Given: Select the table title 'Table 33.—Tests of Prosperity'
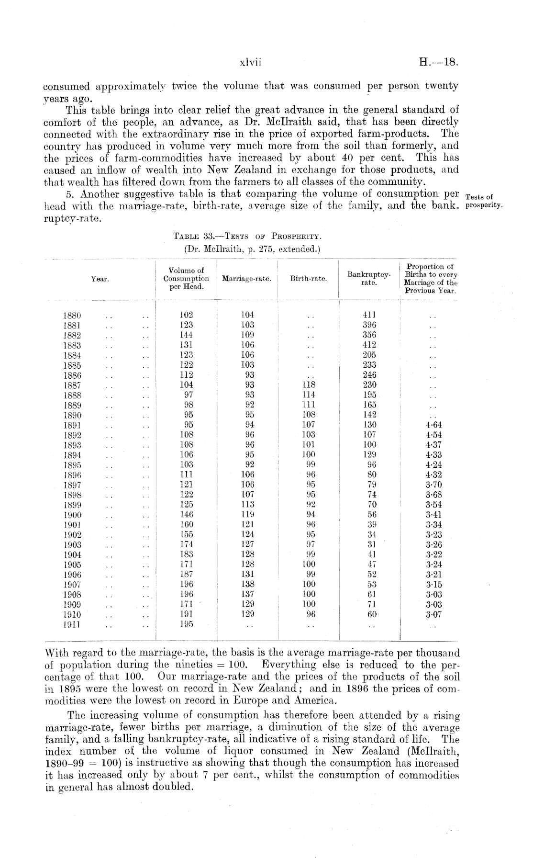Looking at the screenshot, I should pyautogui.click(x=249, y=237).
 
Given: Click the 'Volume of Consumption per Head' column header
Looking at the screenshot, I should pyautogui.click(x=186, y=279).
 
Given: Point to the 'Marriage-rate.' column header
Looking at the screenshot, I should pyautogui.click(x=247, y=279).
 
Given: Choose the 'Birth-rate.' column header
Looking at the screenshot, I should pyautogui.click(x=309, y=279).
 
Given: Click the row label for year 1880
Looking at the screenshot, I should pyautogui.click(x=72, y=316).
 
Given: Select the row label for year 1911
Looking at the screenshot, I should pyautogui.click(x=72, y=624).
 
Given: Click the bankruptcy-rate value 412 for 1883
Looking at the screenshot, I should pyautogui.click(x=370, y=345).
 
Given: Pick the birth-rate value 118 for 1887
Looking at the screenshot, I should pyautogui.click(x=309, y=384).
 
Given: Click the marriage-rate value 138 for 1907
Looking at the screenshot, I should pyautogui.click(x=247, y=584).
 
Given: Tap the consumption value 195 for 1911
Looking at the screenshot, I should pyautogui.click(x=186, y=624).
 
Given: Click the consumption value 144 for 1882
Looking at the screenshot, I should pyautogui.click(x=186, y=335).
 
